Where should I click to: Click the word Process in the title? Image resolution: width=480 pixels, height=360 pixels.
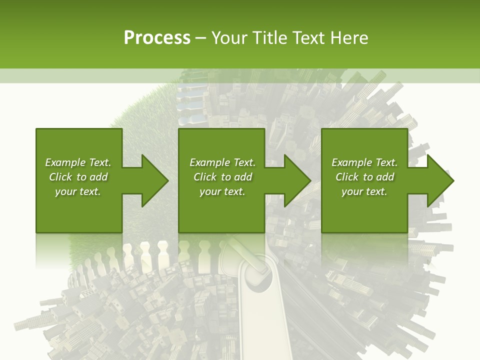coord(157,38)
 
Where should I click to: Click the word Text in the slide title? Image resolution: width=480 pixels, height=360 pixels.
coord(308,38)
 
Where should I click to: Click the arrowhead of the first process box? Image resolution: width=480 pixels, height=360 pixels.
coord(154,180)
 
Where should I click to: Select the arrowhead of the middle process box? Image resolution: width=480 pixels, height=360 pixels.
coord(296,180)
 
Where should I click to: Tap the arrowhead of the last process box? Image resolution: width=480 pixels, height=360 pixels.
coord(439,180)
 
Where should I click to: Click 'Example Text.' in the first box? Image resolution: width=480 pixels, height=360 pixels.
coord(78,162)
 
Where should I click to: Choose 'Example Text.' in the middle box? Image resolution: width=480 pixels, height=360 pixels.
coord(222,162)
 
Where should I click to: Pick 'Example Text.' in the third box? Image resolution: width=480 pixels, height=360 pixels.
coord(364,162)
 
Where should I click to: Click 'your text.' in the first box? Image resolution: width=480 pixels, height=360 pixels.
coord(78,191)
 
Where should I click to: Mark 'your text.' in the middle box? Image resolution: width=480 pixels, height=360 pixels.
coord(222,191)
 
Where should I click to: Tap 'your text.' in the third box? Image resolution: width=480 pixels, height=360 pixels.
coord(364,191)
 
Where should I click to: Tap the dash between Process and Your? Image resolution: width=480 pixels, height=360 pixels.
coord(201,38)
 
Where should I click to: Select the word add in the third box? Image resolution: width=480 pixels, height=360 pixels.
coord(385,177)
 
